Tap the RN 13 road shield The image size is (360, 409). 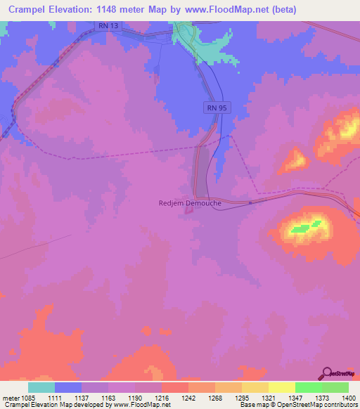pos(104,25)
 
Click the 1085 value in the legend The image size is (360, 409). pos(27,397)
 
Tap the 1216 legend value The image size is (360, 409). pos(161,397)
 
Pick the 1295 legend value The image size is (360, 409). pos(241,397)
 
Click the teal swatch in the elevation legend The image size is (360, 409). pos(41,387)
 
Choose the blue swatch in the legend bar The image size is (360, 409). pos(67,387)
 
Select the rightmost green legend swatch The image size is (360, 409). pos(335,387)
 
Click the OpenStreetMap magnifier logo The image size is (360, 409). pos(326,373)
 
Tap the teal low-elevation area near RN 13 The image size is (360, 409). pos(211,51)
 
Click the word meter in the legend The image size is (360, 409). pos(10,397)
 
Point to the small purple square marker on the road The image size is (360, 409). pos(250,202)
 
